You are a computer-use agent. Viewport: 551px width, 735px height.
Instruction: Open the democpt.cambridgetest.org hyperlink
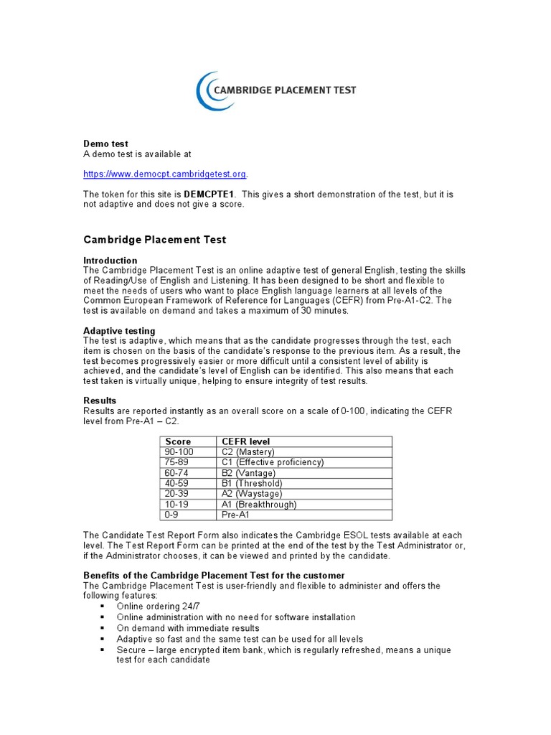point(165,174)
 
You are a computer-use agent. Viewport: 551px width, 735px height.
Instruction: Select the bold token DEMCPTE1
point(209,195)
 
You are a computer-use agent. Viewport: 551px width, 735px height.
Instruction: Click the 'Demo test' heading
point(105,144)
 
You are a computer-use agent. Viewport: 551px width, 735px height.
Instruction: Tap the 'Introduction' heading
point(110,261)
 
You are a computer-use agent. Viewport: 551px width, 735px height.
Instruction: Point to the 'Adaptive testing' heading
point(119,331)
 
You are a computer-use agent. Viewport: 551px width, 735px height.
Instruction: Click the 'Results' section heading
point(100,401)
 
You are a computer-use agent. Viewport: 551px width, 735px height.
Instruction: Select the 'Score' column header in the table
point(178,441)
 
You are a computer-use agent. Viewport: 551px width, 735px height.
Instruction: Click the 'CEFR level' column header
point(246,441)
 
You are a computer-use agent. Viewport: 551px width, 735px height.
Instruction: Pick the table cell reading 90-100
point(179,452)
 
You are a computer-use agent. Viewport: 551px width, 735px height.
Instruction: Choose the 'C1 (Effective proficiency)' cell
point(273,462)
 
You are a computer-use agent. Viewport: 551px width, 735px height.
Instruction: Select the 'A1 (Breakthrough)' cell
point(259,505)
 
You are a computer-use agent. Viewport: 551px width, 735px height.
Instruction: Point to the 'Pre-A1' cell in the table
point(236,515)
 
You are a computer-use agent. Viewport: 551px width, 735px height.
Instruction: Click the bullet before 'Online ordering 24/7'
point(103,607)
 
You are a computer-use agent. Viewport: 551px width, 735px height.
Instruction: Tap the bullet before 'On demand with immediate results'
point(103,628)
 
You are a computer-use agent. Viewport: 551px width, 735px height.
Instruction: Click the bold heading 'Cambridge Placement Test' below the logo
point(155,240)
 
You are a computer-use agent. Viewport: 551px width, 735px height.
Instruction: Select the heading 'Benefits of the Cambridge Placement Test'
point(214,576)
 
